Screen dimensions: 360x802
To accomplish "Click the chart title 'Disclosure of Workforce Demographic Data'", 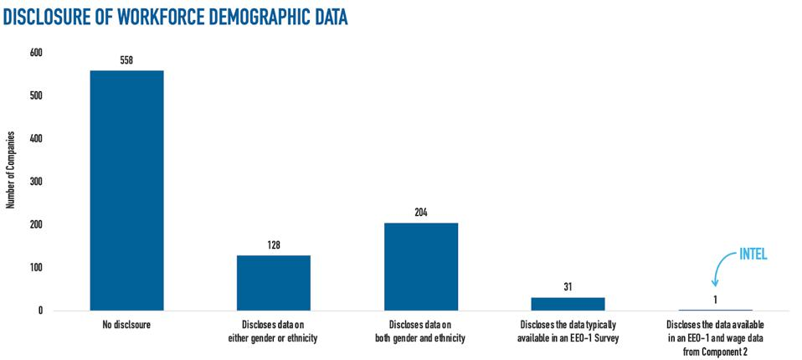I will point(176,17).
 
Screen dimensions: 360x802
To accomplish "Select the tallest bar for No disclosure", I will point(126,190).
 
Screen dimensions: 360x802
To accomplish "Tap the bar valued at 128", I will point(274,283).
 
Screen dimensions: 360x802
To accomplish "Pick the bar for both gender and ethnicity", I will point(421,266).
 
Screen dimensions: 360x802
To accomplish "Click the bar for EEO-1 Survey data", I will point(568,304).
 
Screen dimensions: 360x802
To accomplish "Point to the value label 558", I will point(126,60).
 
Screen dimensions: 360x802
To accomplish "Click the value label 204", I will point(421,213).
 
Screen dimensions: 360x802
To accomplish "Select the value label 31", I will point(568,287).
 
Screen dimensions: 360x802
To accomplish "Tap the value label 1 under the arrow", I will point(715,300).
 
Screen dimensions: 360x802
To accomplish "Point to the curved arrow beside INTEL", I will point(719,271).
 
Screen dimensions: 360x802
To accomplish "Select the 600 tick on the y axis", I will point(36,53).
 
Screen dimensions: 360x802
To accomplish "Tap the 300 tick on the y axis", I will point(36,182).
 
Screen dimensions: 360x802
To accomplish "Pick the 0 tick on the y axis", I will point(39,311).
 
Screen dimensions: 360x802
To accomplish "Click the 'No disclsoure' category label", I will point(126,323).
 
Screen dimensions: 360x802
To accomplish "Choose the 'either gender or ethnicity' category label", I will point(274,329).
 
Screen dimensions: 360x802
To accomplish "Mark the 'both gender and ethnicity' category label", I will point(421,329).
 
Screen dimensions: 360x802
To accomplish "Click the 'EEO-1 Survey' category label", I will point(568,329).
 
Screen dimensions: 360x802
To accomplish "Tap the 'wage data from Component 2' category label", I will point(715,335).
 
